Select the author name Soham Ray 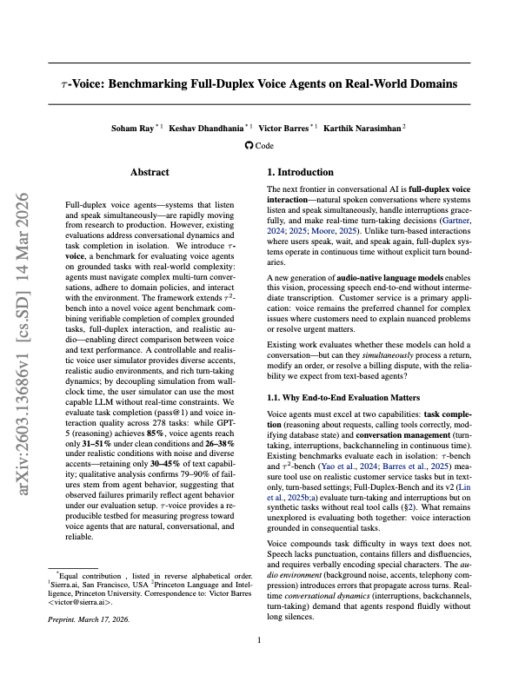(131, 129)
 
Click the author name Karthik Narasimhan (361, 129)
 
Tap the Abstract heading (150, 173)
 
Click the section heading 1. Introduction (300, 172)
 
